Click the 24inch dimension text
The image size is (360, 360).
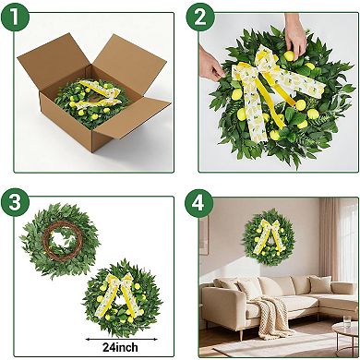121,347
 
